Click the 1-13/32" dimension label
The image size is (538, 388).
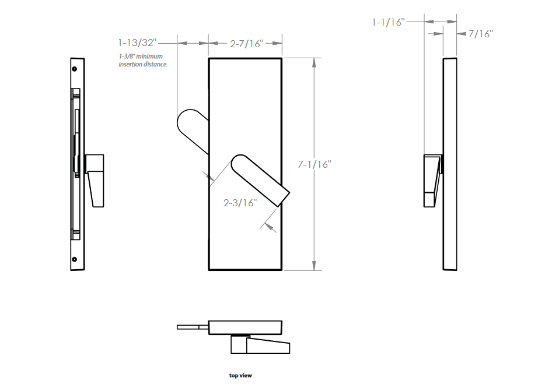click(137, 43)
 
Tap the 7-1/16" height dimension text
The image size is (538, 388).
click(315, 164)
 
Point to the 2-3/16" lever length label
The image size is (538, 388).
click(240, 203)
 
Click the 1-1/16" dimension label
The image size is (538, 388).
click(388, 22)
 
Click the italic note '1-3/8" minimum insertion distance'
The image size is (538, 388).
click(142, 60)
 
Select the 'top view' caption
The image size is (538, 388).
click(240, 376)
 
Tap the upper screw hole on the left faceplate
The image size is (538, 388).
click(74, 69)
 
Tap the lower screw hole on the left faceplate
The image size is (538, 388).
click(74, 259)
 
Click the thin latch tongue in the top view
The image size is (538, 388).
click(193, 327)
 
